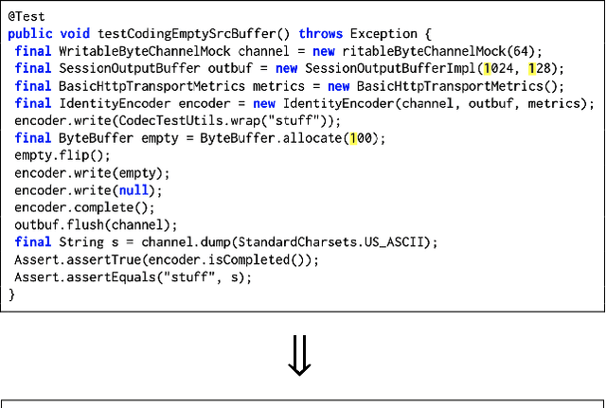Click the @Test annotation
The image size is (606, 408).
click(26, 17)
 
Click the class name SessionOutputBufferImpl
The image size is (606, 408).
click(404, 69)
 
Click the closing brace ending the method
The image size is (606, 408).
click(12, 294)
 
